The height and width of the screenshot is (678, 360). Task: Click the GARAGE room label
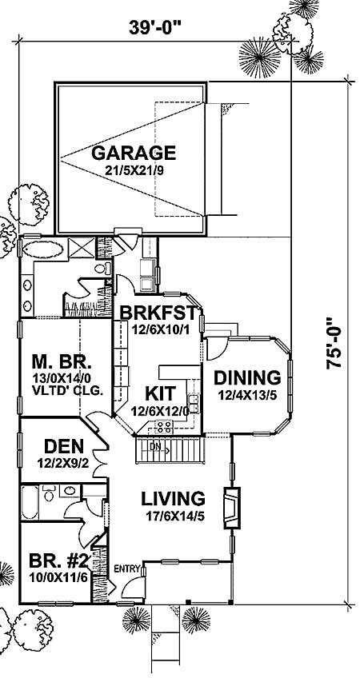tap(133, 152)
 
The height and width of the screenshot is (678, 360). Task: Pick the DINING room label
tap(248, 377)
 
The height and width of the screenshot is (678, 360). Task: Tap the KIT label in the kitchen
tap(160, 393)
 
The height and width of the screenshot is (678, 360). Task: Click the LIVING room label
tap(174, 497)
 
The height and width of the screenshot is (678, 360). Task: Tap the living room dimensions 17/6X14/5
tap(173, 516)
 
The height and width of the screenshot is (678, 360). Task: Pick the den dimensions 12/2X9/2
tap(60, 462)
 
